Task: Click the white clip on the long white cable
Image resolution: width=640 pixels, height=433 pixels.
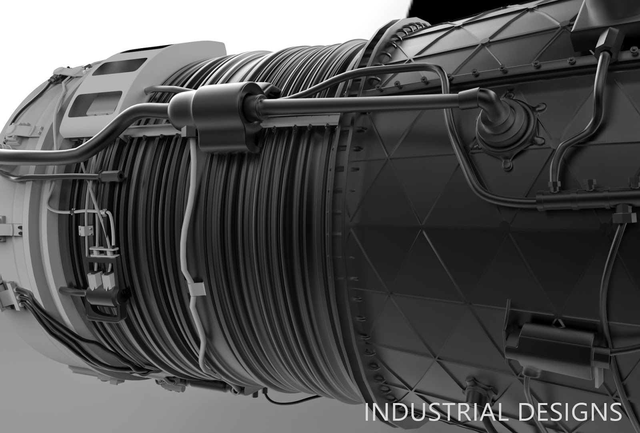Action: (x=196, y=289)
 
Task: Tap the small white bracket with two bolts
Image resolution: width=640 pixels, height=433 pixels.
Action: (x=86, y=231)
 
